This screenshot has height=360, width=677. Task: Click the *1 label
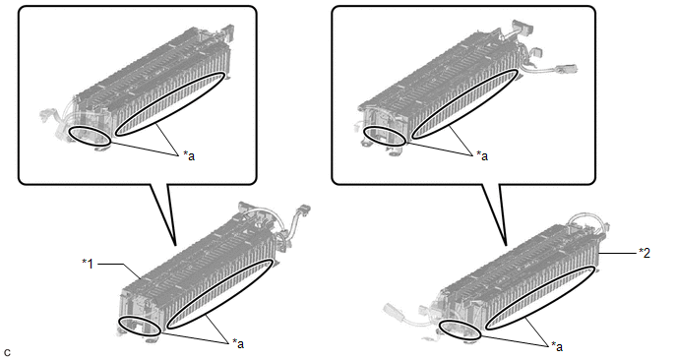coord(88,264)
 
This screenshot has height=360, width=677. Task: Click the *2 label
coord(645,253)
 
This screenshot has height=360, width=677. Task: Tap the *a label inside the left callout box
coord(189,155)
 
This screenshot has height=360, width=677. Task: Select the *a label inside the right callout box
coord(482,155)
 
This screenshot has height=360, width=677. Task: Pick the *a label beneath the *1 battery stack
coord(238,343)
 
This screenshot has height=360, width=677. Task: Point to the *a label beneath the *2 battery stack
coord(557,346)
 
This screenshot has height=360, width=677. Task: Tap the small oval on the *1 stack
coord(119,323)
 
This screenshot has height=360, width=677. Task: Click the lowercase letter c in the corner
coord(7,353)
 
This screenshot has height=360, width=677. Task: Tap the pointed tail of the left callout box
coord(175,244)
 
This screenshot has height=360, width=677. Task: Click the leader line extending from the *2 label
coord(617,253)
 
